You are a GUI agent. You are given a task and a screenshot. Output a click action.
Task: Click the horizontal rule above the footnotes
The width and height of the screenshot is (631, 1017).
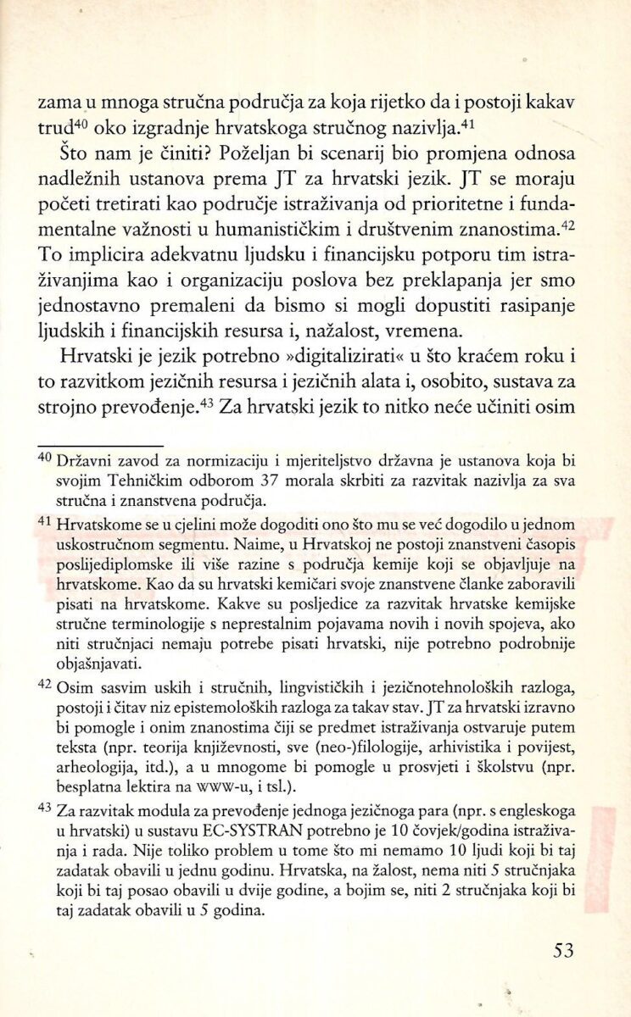pos(100,444)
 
